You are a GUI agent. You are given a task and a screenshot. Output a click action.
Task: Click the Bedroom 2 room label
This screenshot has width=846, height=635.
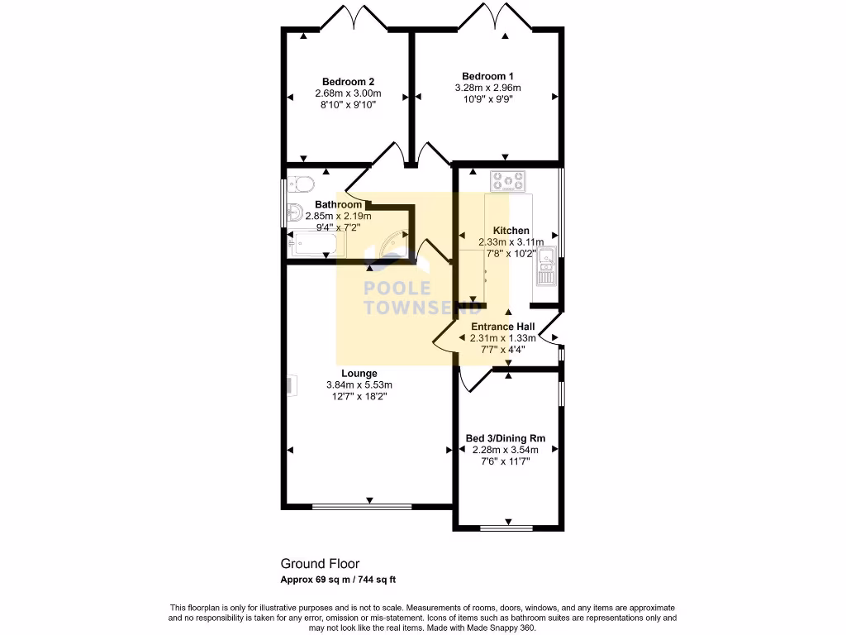point(348,82)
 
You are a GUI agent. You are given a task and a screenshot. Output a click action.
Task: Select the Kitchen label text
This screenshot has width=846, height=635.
point(511,231)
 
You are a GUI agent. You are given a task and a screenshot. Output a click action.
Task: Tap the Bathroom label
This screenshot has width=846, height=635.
point(338,205)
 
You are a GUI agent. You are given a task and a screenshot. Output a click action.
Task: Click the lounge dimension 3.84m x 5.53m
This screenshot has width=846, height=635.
point(359,385)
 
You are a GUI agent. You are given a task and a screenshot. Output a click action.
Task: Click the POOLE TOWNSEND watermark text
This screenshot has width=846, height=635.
point(422,298)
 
